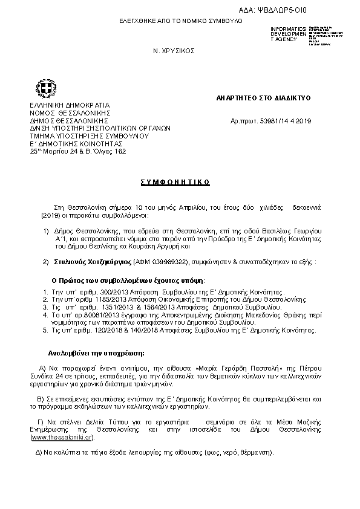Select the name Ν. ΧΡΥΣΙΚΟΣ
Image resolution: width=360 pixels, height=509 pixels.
tap(174, 51)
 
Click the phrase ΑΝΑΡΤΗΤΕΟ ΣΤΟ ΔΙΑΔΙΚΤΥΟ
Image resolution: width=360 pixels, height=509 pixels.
tap(263, 97)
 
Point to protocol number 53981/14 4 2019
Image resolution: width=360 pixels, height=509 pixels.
tap(287, 122)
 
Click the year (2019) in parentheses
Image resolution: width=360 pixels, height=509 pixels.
tap(39, 214)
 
